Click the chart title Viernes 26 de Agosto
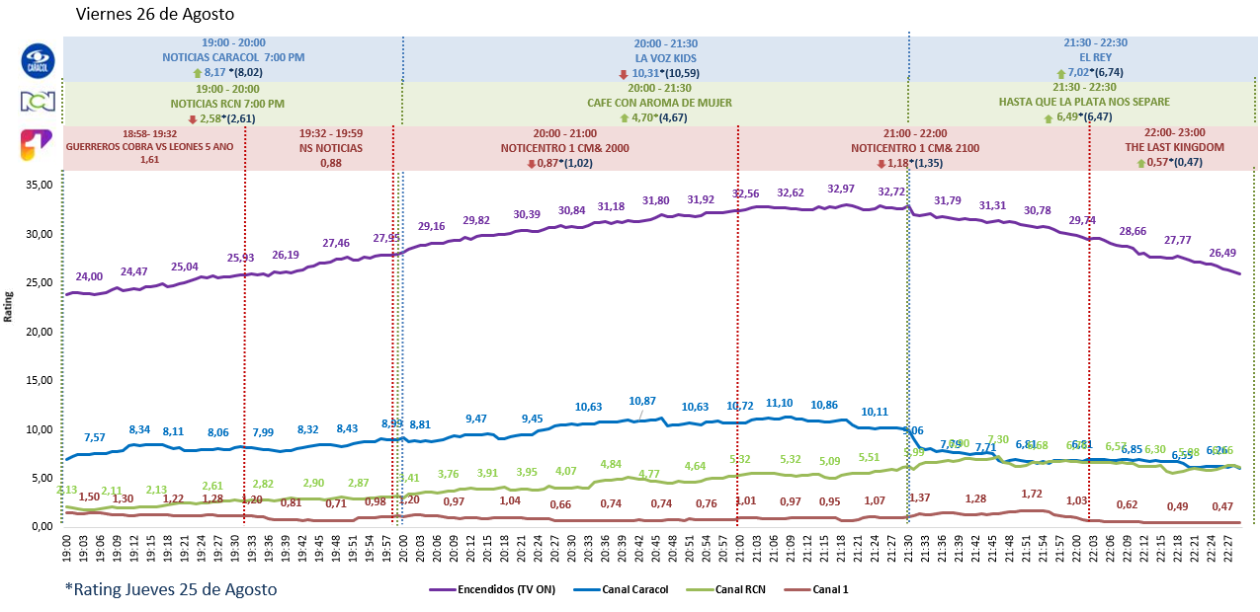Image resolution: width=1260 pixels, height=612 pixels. click(155, 15)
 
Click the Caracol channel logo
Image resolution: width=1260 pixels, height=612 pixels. click(37, 59)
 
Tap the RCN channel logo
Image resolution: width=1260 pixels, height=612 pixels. click(37, 102)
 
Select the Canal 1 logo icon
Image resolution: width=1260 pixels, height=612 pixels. click(37, 146)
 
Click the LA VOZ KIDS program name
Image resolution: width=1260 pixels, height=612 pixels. click(665, 57)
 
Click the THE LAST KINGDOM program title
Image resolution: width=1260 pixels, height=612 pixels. click(1174, 147)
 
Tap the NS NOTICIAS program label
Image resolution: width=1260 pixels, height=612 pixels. click(331, 148)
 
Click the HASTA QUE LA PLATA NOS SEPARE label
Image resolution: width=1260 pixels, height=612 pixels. click(1083, 103)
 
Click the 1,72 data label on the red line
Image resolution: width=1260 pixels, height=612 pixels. click(1032, 494)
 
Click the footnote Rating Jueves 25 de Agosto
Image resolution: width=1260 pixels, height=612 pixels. click(171, 589)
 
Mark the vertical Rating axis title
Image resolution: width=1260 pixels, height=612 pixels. click(10, 306)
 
